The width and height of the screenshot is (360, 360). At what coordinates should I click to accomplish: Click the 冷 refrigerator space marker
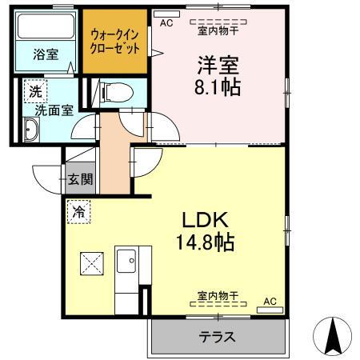pos(79,212)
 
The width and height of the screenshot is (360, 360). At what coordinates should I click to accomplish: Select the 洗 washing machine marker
pos(34,91)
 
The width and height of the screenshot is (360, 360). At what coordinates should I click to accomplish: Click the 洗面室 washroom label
pos(49,111)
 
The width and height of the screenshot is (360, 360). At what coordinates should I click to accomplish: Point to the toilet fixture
pos(111,90)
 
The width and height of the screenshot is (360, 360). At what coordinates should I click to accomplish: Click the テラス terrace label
pos(218,337)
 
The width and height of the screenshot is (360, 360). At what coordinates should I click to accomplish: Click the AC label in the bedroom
pos(166,24)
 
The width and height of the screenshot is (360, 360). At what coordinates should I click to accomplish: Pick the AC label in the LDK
pos(270,302)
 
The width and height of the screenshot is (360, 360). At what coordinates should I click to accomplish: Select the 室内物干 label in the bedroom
pos(218,31)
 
